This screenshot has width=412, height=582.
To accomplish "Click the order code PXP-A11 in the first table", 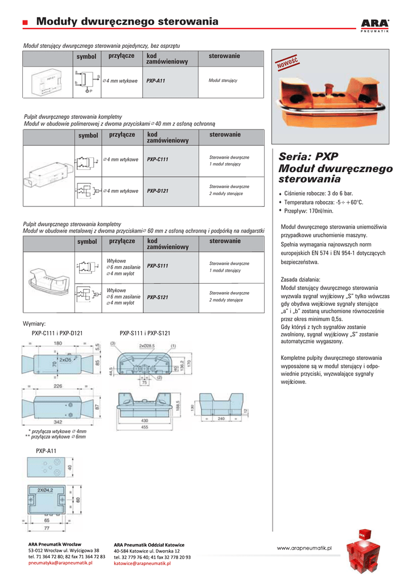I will pyautogui.click(x=155, y=81).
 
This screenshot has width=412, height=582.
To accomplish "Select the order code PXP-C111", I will pyautogui.click(x=158, y=160).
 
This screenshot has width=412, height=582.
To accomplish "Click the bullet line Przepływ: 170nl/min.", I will pyautogui.click(x=308, y=211).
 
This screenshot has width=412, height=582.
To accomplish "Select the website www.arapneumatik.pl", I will pyautogui.click(x=304, y=547).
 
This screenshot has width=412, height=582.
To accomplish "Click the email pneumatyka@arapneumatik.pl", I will pyautogui.click(x=60, y=563).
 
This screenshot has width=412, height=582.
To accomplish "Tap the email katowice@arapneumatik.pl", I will pyautogui.click(x=142, y=563).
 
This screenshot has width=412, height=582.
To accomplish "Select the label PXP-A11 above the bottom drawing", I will pyautogui.click(x=46, y=451).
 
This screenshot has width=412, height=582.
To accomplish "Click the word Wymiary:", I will pyautogui.click(x=34, y=323).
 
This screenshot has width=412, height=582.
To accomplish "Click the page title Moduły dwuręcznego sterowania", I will pyautogui.click(x=127, y=22).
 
